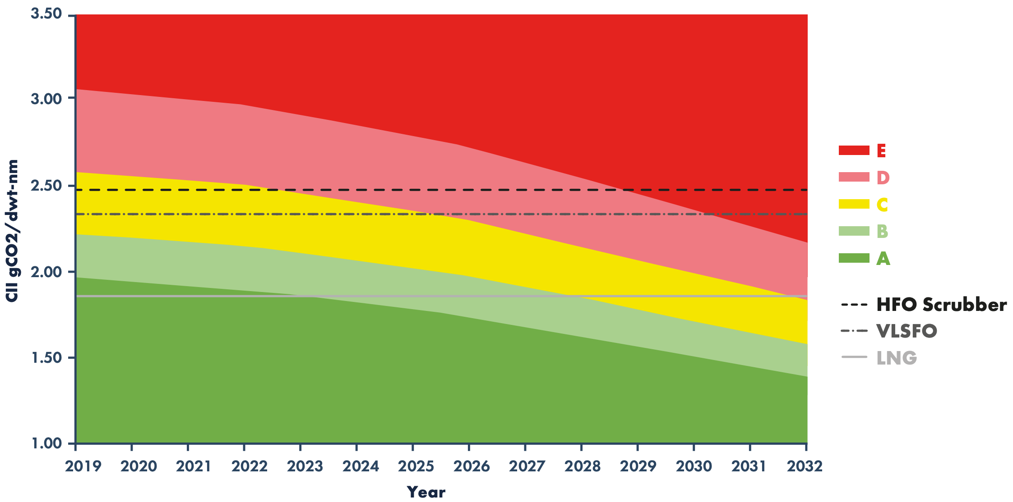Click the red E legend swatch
(854, 151)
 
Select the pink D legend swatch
(854, 177)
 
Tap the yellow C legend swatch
(854, 204)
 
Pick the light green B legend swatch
(854, 231)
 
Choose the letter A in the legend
(883, 259)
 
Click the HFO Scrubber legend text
(941, 305)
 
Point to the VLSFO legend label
(907, 331)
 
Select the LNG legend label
(897, 358)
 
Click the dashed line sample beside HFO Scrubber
(854, 305)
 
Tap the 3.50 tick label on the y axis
(46, 14)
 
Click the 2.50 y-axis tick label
(46, 185)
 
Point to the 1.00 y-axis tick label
(46, 443)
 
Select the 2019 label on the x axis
(83, 466)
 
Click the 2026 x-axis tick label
(472, 466)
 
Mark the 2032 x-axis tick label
(805, 466)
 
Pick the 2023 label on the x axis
(305, 466)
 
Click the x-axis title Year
(426, 492)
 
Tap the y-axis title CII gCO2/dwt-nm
(12, 230)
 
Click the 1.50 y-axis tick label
(46, 357)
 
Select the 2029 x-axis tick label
(638, 466)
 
